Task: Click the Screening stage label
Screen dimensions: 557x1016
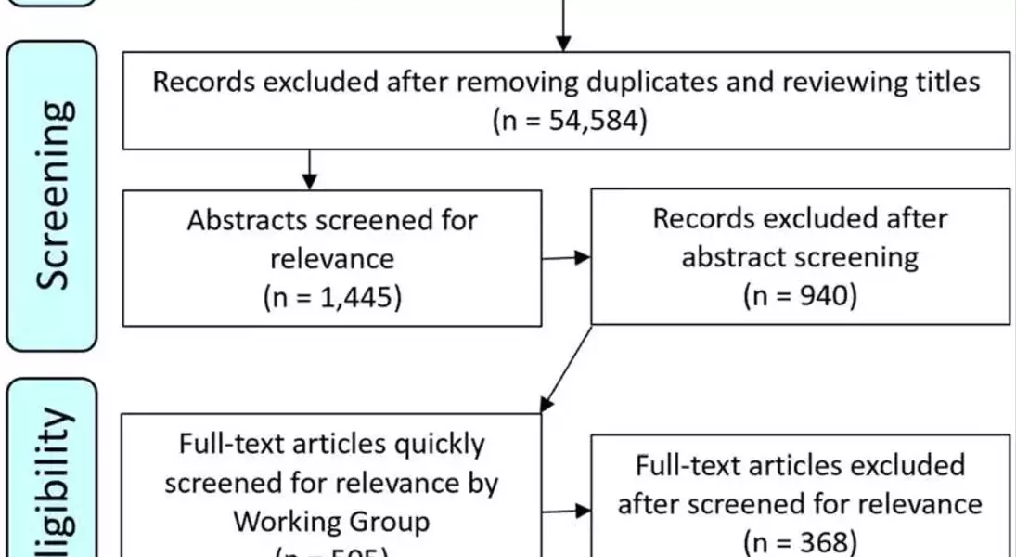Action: pyautogui.click(x=53, y=197)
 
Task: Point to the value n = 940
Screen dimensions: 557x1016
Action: pyautogui.click(x=800, y=297)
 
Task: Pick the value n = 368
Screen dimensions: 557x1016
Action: pyautogui.click(x=800, y=541)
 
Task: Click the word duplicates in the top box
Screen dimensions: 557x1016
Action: pyautogui.click(x=656, y=82)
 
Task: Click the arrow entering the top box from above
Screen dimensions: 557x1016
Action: pyautogui.click(x=563, y=28)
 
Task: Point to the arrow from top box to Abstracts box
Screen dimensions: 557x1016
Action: pyautogui.click(x=311, y=169)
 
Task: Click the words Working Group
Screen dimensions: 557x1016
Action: pyautogui.click(x=331, y=521)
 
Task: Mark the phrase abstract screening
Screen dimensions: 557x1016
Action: pyautogui.click(x=800, y=257)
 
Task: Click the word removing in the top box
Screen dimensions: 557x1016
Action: pyautogui.click(x=509, y=82)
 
